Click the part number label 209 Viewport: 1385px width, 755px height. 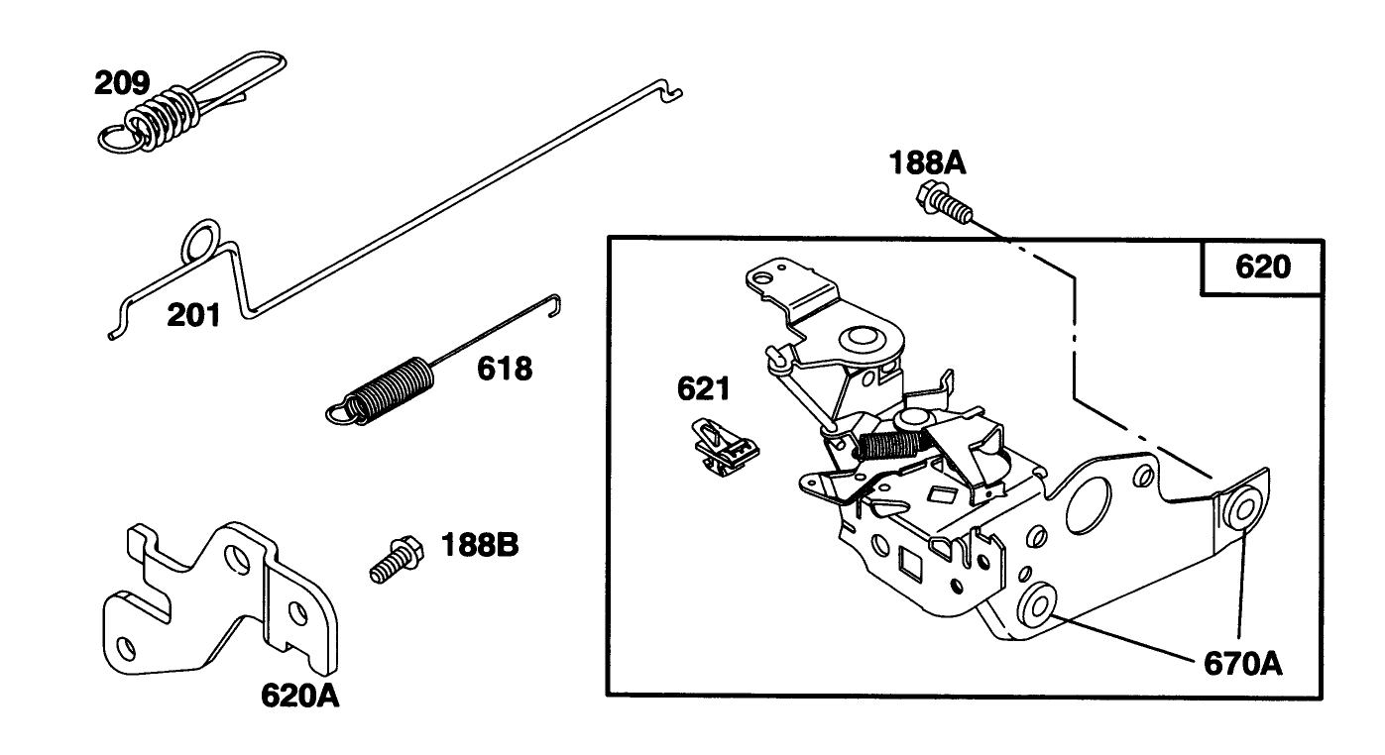122,83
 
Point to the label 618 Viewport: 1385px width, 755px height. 504,370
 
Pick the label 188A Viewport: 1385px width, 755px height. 929,162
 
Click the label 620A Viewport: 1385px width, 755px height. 300,696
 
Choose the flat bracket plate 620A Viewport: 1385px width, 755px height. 223,604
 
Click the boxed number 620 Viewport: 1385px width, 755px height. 1262,267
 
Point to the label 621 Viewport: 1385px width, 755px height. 703,388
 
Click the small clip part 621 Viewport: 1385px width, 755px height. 724,447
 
